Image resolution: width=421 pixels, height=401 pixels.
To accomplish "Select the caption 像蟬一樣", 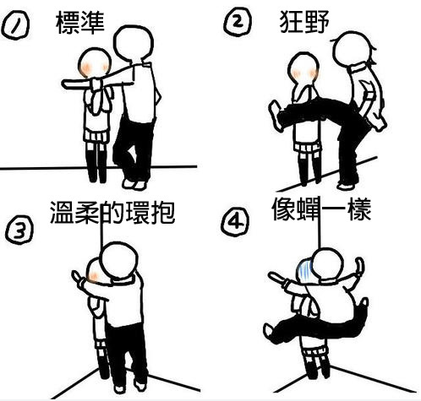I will pos(322,209).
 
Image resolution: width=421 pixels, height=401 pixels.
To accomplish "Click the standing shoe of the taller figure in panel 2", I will pos(346,184).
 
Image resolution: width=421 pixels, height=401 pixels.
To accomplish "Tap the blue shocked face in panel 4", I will pos(304,270).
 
